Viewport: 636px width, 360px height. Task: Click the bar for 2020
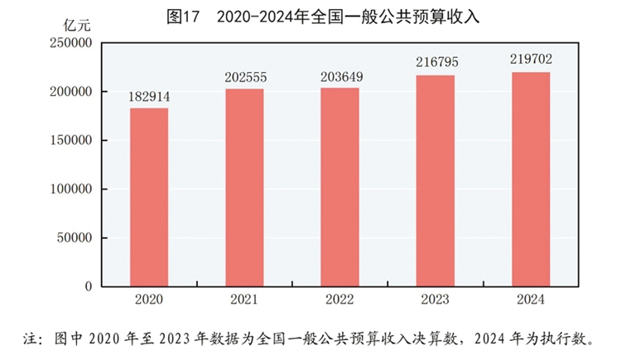point(149,197)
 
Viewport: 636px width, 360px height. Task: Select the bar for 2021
point(244,188)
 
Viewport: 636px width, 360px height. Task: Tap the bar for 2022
point(340,187)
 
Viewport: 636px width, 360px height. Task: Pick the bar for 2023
point(435,181)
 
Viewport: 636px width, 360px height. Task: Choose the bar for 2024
point(531,180)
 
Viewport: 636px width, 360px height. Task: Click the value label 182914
point(149,98)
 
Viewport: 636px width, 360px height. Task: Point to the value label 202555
point(244,78)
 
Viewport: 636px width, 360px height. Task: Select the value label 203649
point(340,77)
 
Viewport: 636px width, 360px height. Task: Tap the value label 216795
point(435,63)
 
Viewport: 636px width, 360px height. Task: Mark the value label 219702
point(531,60)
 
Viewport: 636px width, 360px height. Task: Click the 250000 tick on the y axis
point(70,43)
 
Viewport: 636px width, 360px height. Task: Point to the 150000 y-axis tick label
point(70,141)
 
